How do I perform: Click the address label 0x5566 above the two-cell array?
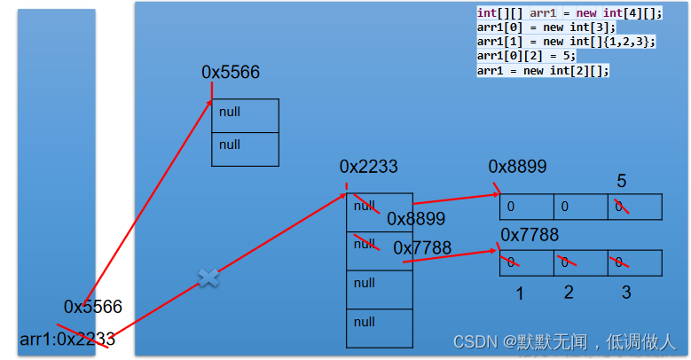tap(231, 73)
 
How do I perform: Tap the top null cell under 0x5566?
tap(246, 115)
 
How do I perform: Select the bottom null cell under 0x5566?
tap(246, 148)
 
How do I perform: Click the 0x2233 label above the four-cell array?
tap(368, 167)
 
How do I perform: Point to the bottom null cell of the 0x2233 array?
tap(380, 327)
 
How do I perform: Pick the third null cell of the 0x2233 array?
tap(380, 288)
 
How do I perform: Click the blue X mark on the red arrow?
tap(208, 278)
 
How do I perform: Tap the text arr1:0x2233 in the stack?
tap(67, 339)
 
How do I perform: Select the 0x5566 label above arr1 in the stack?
tap(92, 307)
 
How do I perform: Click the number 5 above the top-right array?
tap(622, 181)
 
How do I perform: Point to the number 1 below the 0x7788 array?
tap(520, 293)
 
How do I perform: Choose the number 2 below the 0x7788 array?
tap(569, 293)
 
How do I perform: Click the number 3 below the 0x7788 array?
tap(625, 293)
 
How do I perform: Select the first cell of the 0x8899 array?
tap(527, 207)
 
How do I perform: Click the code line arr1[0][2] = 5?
tap(526, 55)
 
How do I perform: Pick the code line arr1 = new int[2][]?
tap(543, 70)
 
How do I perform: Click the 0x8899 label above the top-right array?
tap(517, 167)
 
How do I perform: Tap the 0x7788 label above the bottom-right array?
tap(530, 234)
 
